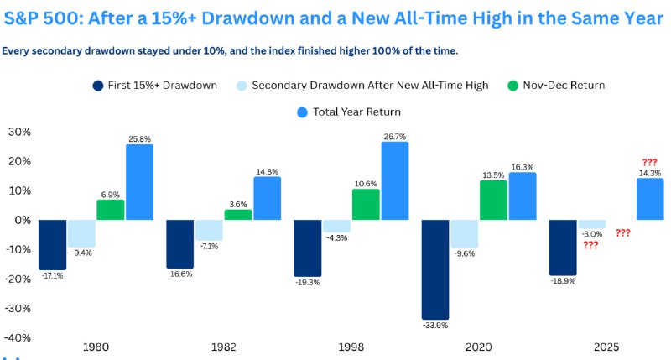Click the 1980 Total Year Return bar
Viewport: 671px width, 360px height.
click(x=139, y=182)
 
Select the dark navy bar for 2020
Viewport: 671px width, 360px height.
click(x=436, y=269)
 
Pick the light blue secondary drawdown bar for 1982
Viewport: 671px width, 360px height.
click(x=210, y=230)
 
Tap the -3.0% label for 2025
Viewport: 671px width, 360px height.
click(x=591, y=234)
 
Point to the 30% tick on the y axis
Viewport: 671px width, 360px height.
click(x=19, y=132)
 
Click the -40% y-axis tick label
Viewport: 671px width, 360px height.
click(x=18, y=337)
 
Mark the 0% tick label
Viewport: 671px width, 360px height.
click(x=23, y=220)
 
